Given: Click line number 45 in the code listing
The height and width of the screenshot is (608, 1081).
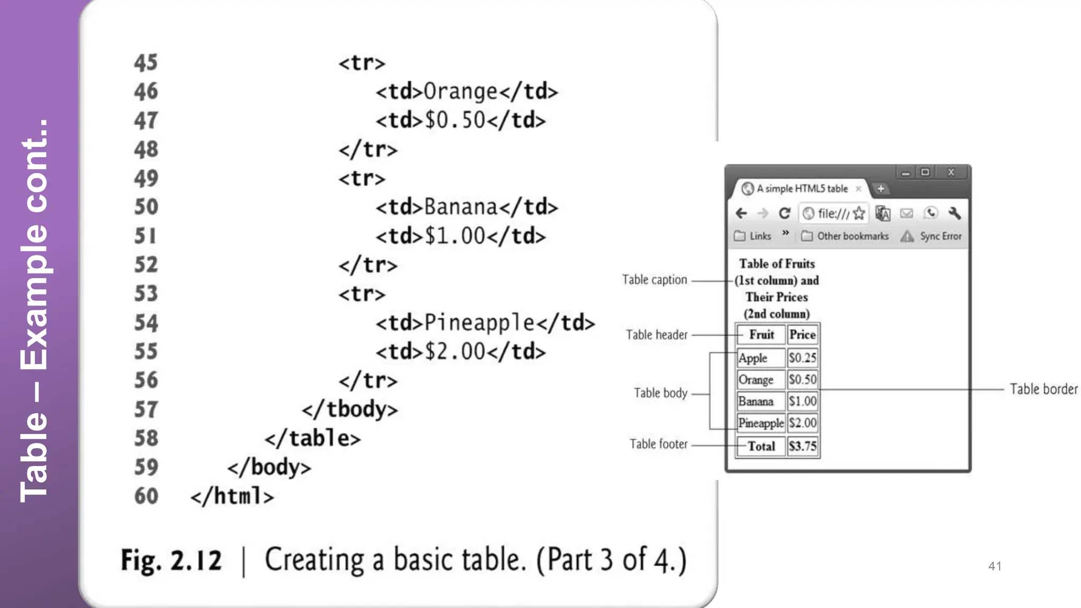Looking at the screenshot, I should pyautogui.click(x=146, y=63).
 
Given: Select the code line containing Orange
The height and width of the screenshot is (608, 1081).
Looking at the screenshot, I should pyautogui.click(x=467, y=92).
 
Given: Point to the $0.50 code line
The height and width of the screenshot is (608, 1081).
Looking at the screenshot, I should pyautogui.click(x=460, y=120).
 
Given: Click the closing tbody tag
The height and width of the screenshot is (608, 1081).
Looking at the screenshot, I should pyautogui.click(x=349, y=410).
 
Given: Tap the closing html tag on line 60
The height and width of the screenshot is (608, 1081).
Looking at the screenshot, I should pyautogui.click(x=232, y=496).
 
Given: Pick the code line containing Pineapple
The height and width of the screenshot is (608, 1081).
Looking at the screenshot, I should pyautogui.click(x=485, y=323).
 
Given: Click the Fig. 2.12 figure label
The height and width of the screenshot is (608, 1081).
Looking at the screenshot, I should pyautogui.click(x=171, y=560).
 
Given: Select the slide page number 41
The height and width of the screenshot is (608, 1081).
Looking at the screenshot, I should pyautogui.click(x=995, y=566).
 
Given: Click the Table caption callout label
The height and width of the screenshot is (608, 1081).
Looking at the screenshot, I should pyautogui.click(x=655, y=280).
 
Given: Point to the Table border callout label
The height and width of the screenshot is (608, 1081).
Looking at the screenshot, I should pyautogui.click(x=1044, y=389).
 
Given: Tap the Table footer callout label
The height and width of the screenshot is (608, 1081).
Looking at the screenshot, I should pyautogui.click(x=658, y=444).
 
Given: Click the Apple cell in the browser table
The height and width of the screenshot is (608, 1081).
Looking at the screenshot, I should pyautogui.click(x=753, y=358).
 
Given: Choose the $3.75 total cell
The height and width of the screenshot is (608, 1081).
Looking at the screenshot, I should pyautogui.click(x=802, y=446).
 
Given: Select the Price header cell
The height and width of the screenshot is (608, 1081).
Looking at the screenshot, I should pyautogui.click(x=802, y=335).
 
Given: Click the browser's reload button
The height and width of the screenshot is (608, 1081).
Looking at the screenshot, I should pyautogui.click(x=784, y=213).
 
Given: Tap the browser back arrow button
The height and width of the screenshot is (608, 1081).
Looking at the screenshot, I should pyautogui.click(x=741, y=213).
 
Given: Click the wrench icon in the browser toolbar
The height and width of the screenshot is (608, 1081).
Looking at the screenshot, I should pyautogui.click(x=954, y=213).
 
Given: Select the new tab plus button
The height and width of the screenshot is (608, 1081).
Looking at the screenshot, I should pyautogui.click(x=880, y=188).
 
